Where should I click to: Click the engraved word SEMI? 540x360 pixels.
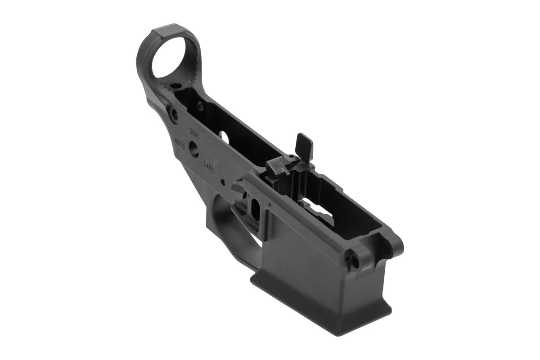[195, 133]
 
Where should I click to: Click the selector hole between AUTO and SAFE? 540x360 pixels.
[194, 149]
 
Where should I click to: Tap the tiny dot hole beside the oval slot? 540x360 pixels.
[269, 204]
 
